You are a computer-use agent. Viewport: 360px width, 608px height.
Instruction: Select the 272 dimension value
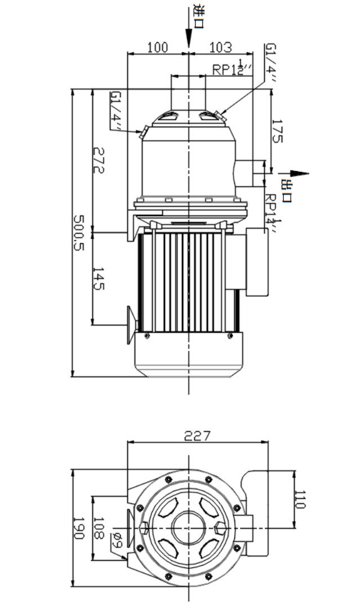coord(99,160)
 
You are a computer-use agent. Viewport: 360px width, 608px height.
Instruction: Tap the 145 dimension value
coord(99,278)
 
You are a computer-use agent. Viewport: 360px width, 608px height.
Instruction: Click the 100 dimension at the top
coord(157,47)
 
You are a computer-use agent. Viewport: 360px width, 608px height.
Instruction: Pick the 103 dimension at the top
coord(220,47)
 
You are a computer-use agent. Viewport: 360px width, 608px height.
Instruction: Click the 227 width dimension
coord(198,435)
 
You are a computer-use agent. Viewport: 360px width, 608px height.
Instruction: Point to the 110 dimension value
coord(300,499)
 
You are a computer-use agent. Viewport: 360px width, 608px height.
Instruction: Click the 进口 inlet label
coord(198,17)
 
